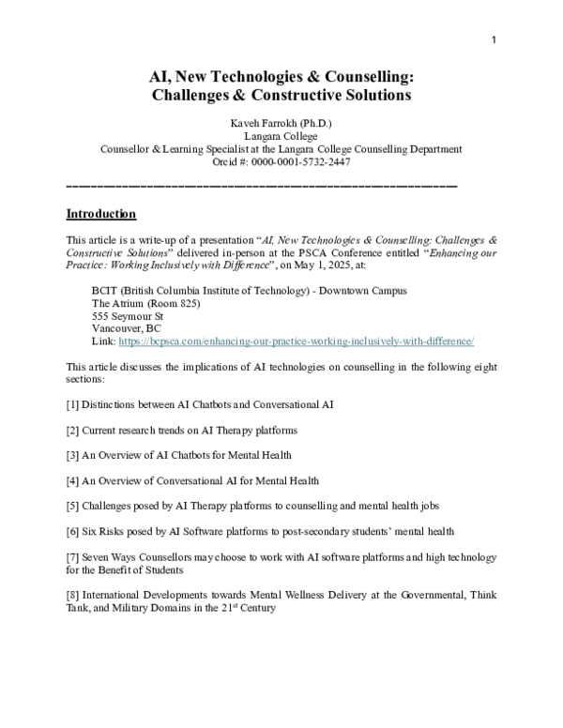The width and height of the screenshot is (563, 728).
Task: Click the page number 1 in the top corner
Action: pyautogui.click(x=493, y=39)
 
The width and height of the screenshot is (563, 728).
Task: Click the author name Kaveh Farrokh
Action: pyautogui.click(x=259, y=124)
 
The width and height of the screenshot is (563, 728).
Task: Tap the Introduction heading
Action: pyautogui.click(x=100, y=214)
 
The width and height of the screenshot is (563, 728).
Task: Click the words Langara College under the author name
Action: pyautogui.click(x=281, y=137)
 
